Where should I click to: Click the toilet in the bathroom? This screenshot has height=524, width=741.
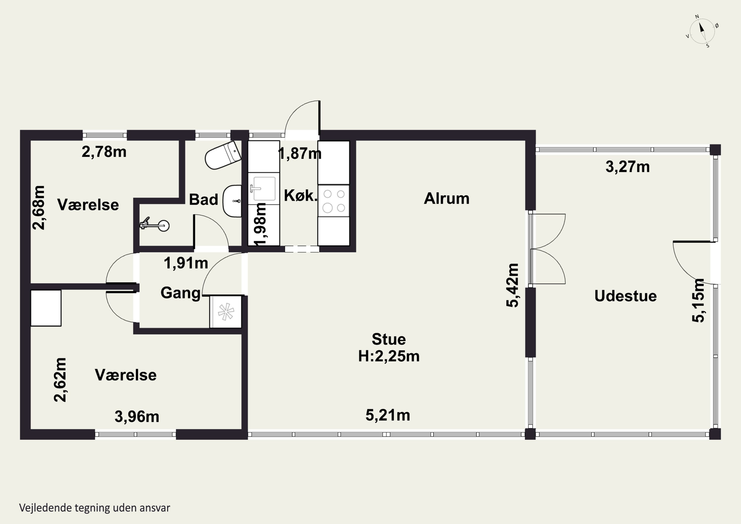[223, 155]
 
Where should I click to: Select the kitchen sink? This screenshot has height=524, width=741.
[264, 189]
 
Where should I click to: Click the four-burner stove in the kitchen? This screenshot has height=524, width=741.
[334, 201]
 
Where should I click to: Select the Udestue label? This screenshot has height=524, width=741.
[625, 296]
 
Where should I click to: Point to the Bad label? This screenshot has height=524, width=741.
[203, 200]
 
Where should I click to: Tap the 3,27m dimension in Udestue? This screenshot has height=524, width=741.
[627, 167]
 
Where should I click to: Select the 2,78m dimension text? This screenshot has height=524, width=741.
[104, 152]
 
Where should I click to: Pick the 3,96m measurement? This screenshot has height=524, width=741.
[137, 417]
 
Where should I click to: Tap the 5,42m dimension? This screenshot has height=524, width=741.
[513, 285]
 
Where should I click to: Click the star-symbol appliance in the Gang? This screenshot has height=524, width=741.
[226, 312]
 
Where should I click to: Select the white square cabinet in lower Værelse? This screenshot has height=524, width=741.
[46, 308]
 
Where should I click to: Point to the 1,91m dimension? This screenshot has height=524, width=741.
[186, 263]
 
